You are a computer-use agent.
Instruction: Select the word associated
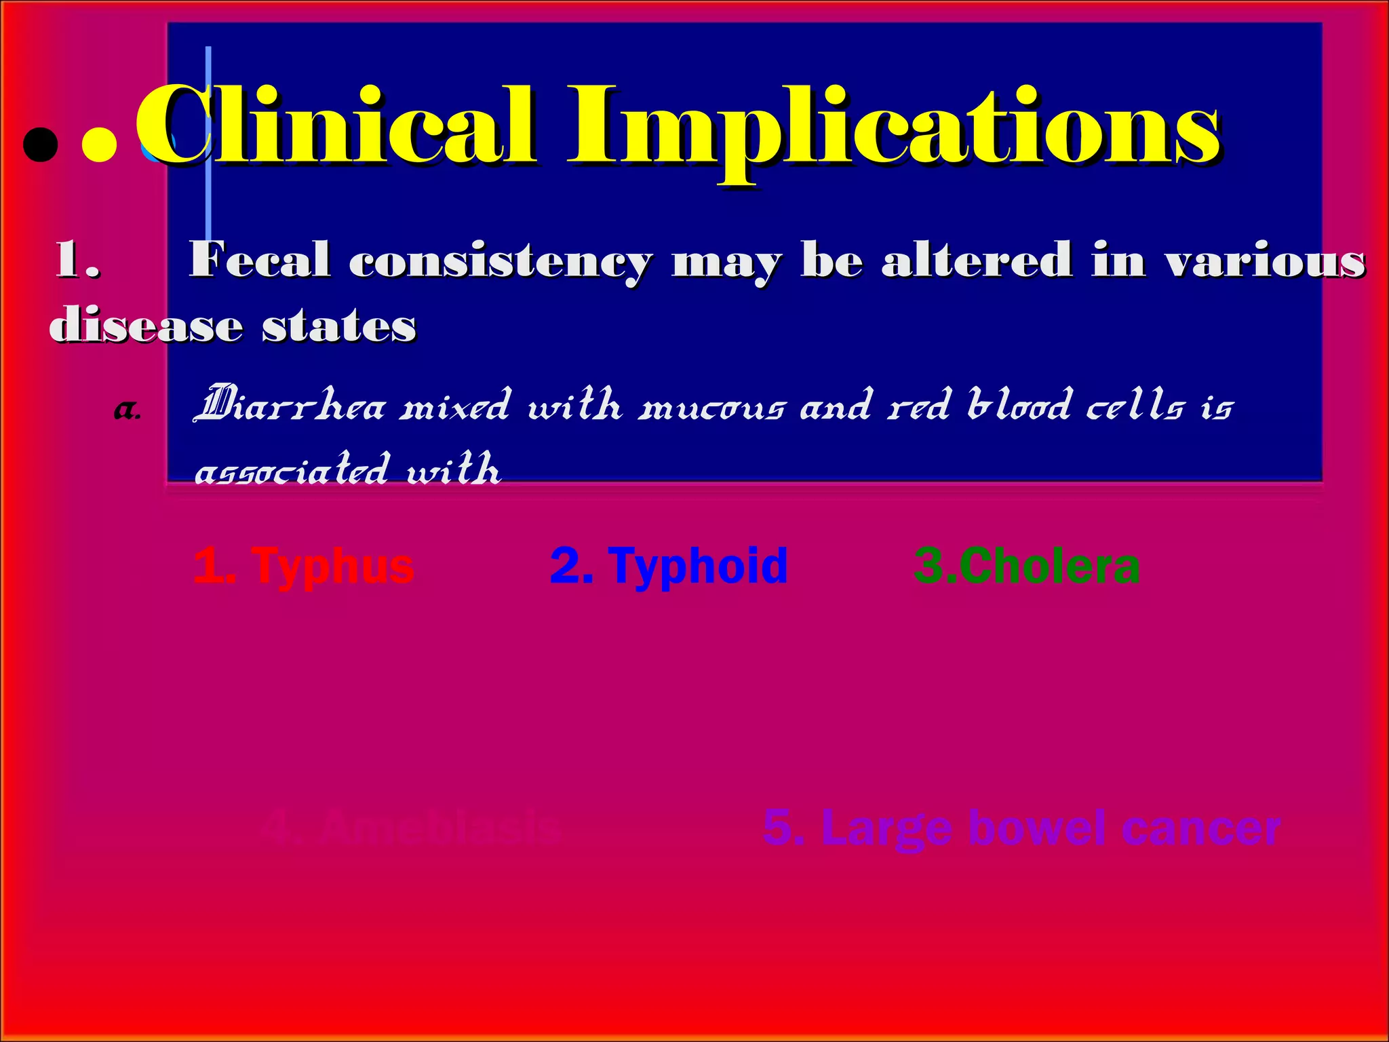tap(292, 469)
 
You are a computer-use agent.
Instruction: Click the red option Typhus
tap(303, 566)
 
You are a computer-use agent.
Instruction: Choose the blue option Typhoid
tap(669, 566)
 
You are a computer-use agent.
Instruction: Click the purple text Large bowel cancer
tap(1021, 828)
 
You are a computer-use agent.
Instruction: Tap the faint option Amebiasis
tap(411, 827)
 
